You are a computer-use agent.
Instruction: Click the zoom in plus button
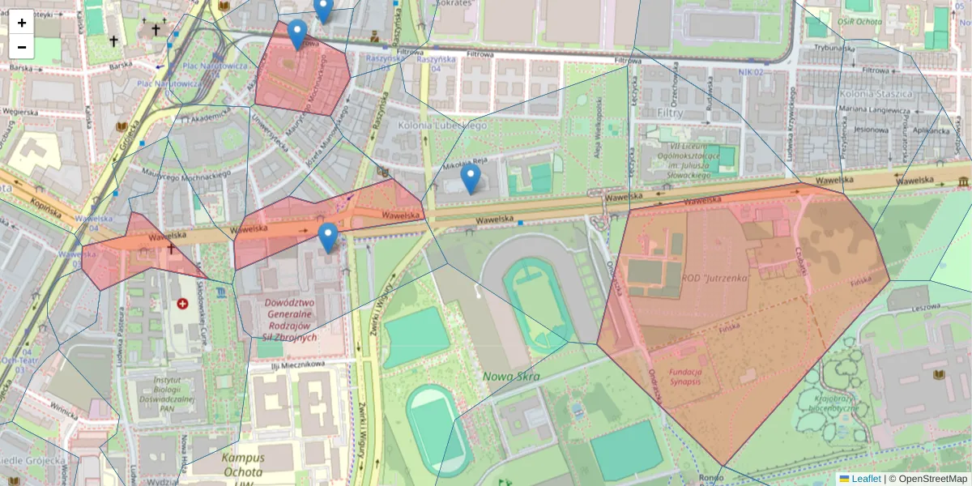[22, 23]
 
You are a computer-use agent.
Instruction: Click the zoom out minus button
[22, 47]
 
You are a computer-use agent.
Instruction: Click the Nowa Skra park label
[511, 376]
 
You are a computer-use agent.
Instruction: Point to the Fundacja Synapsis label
[686, 378]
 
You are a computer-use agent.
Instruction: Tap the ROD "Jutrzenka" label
[714, 277]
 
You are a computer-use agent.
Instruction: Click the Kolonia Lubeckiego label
[443, 126]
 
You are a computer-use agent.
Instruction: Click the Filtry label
[671, 113]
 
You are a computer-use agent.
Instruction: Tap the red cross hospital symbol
[183, 304]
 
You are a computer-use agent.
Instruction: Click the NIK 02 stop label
[751, 73]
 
